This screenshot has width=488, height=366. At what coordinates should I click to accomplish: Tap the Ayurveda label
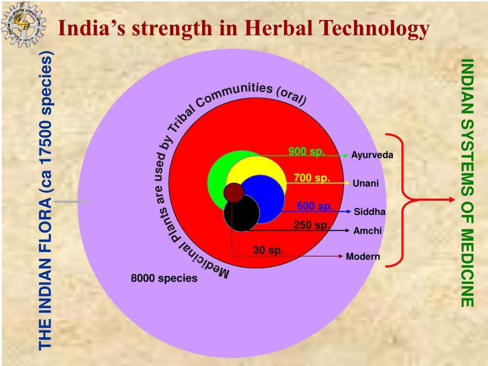pos(372,155)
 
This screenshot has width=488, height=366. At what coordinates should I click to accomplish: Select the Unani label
pos(366,183)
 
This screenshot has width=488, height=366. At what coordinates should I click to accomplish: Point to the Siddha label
pos(369,212)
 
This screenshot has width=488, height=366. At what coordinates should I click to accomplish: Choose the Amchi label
pos(367,231)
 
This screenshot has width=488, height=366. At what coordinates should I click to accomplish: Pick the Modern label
pos(363,257)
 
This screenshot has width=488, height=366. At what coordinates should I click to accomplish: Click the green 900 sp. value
pos(306,152)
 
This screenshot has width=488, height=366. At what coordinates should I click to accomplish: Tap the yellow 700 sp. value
pos(312,178)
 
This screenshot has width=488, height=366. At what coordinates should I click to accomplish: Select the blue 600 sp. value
pos(315,206)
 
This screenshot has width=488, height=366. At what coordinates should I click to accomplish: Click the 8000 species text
pos(164,278)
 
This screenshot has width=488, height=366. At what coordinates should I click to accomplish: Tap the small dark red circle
pos(234,193)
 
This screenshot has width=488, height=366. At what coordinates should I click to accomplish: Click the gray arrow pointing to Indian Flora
pos(71,202)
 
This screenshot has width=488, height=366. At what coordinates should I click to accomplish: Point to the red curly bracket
pos(403,200)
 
